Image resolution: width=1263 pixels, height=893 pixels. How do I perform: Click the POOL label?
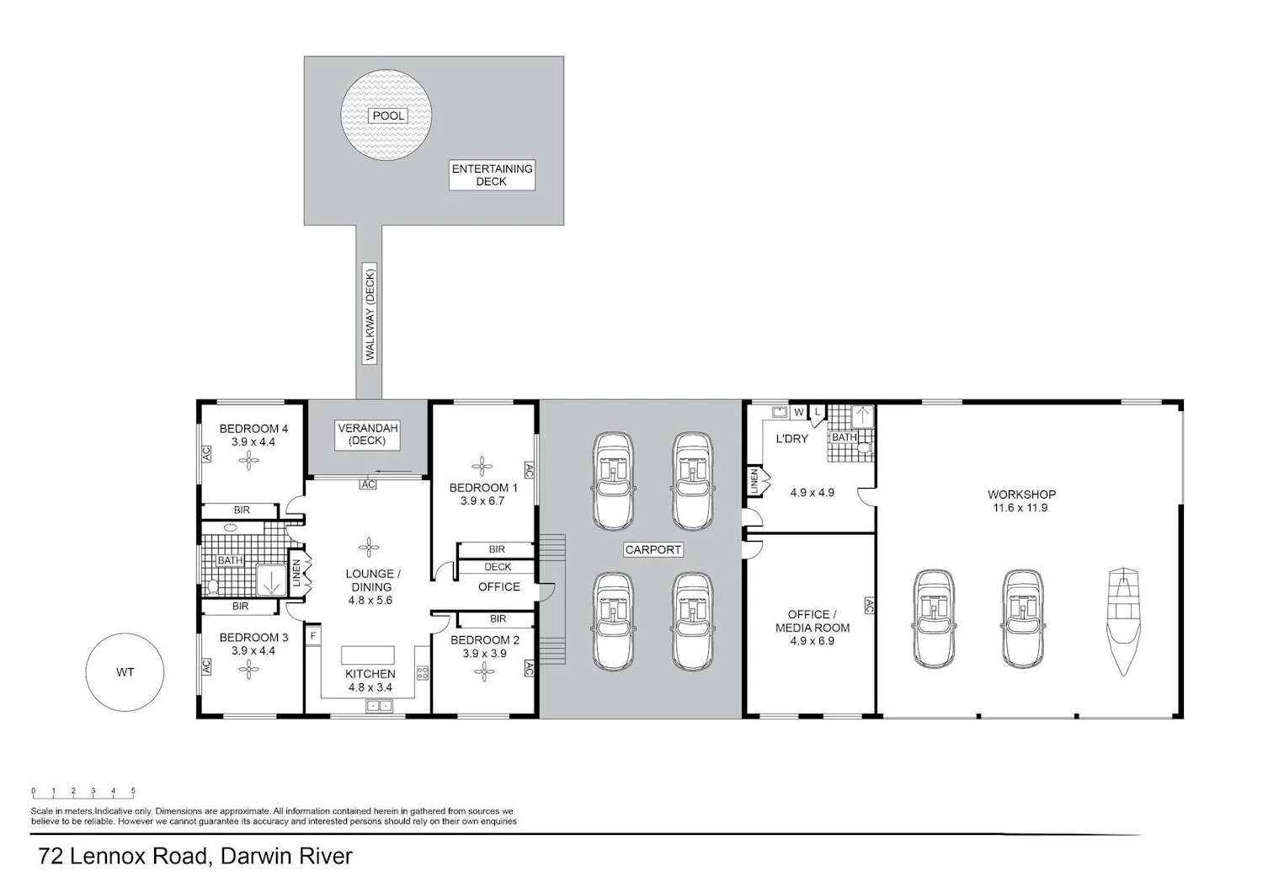coord(388,115)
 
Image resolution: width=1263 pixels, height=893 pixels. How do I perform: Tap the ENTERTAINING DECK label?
coord(492,175)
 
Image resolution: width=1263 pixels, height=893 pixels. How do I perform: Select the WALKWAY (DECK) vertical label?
coord(370,313)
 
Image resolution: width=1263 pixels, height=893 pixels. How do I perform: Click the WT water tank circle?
coord(125,672)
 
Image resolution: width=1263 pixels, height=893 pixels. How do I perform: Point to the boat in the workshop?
coord(1123,621)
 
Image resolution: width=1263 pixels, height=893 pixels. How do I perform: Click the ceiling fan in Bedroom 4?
coord(248,461)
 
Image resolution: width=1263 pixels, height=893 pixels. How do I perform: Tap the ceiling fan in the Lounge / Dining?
coord(369,547)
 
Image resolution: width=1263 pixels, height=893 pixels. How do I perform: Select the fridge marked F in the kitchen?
coord(313,636)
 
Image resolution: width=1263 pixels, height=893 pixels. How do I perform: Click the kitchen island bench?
coord(368,655)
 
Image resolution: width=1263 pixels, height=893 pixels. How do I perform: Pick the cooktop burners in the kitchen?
coord(423,672)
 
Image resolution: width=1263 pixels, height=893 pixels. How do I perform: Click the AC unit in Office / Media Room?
coord(869,606)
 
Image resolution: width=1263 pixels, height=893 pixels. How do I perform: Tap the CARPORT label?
coord(653,549)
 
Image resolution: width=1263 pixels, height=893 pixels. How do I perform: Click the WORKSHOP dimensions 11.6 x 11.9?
coord(1021,508)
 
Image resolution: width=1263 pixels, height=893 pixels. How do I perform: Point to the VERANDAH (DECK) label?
coord(367,435)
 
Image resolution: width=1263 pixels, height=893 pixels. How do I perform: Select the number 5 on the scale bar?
coord(133,791)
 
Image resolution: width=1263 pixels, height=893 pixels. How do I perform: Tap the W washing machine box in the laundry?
coord(799,412)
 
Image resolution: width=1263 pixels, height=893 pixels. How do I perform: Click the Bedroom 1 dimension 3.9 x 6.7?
coord(482,501)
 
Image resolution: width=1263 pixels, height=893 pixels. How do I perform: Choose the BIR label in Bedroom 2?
coord(498,619)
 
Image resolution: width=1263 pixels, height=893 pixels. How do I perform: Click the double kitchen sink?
coord(379,706)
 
